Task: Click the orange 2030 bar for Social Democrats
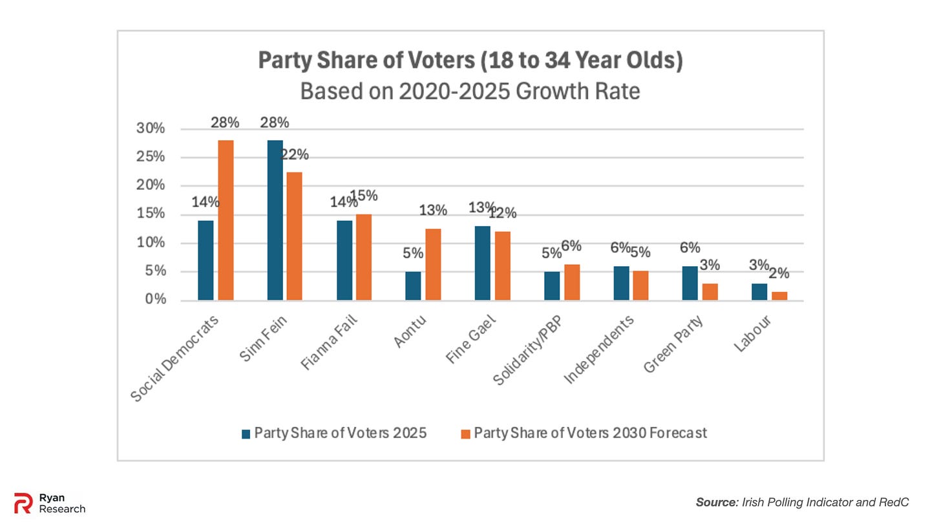(x=226, y=220)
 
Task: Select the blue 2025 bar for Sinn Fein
(x=275, y=220)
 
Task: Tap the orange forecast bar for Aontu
(x=433, y=264)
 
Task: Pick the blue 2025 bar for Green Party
(x=690, y=283)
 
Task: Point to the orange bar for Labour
(x=779, y=296)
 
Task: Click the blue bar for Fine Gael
(x=482, y=263)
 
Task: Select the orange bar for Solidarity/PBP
(x=572, y=282)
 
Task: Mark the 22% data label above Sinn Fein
(x=294, y=155)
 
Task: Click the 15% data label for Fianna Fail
(x=364, y=196)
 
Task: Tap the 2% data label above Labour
(x=779, y=273)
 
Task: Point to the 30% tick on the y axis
(x=151, y=129)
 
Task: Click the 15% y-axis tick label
(x=151, y=214)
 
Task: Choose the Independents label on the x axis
(x=598, y=349)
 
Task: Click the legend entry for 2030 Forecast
(x=590, y=433)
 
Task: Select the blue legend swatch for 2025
(x=246, y=434)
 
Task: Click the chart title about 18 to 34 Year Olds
(x=470, y=61)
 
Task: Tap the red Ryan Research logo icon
(x=23, y=503)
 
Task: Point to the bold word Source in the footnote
(x=716, y=502)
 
